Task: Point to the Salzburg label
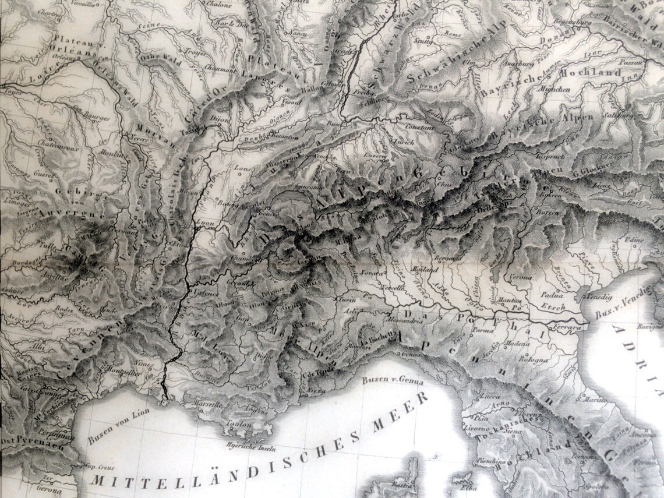(x=621, y=115)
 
